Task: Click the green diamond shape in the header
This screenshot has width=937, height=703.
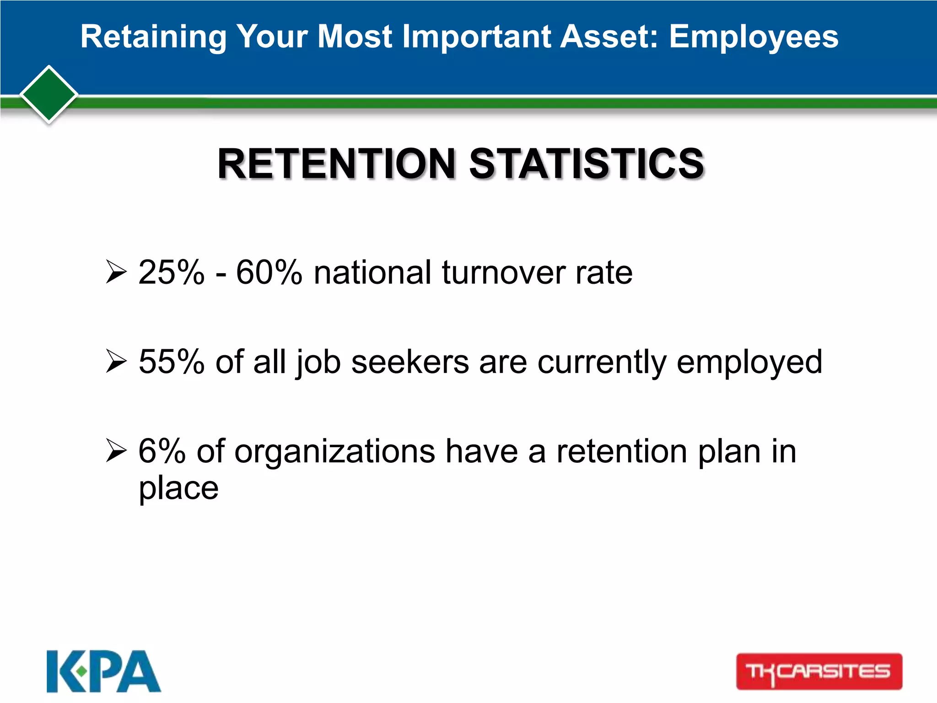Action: (48, 94)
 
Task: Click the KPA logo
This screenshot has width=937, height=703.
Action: (103, 671)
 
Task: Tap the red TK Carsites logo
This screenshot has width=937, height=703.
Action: (819, 671)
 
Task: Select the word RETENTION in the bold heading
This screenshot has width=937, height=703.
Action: (336, 164)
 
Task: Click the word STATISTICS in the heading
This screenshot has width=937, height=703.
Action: (587, 164)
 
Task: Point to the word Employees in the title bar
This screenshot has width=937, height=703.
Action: (754, 37)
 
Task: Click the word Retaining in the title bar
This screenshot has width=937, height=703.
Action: (153, 37)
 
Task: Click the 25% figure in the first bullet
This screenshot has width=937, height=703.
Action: (171, 273)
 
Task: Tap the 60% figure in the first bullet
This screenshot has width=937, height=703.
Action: (269, 273)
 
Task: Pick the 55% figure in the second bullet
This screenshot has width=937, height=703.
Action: (171, 362)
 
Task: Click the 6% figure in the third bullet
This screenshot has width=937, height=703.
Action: (162, 451)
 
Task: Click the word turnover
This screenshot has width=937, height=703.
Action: (503, 273)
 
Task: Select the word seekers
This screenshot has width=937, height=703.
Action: (410, 362)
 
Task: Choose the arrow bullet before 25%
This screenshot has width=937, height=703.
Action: (116, 272)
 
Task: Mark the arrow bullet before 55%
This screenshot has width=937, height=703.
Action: (116, 361)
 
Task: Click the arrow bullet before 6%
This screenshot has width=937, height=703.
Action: (116, 450)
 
